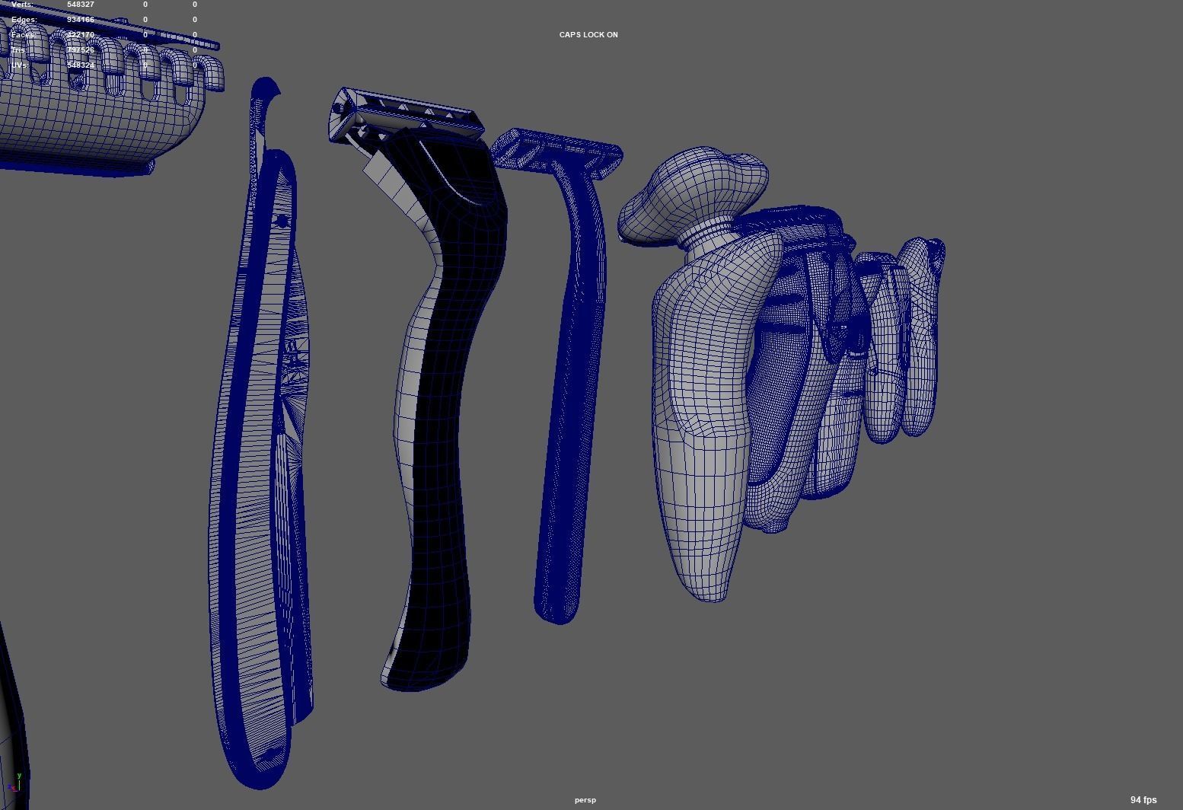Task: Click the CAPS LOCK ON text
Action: tap(588, 35)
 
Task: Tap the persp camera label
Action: tap(585, 800)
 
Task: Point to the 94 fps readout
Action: tap(1143, 799)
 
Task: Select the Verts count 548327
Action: tap(81, 5)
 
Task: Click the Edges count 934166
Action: tap(81, 20)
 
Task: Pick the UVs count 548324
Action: tap(81, 65)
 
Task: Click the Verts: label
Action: tap(23, 5)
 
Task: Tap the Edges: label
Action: tap(24, 20)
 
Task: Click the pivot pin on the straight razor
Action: tap(282, 222)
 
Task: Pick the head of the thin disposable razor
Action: tap(557, 152)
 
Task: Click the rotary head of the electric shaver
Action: tap(693, 190)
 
